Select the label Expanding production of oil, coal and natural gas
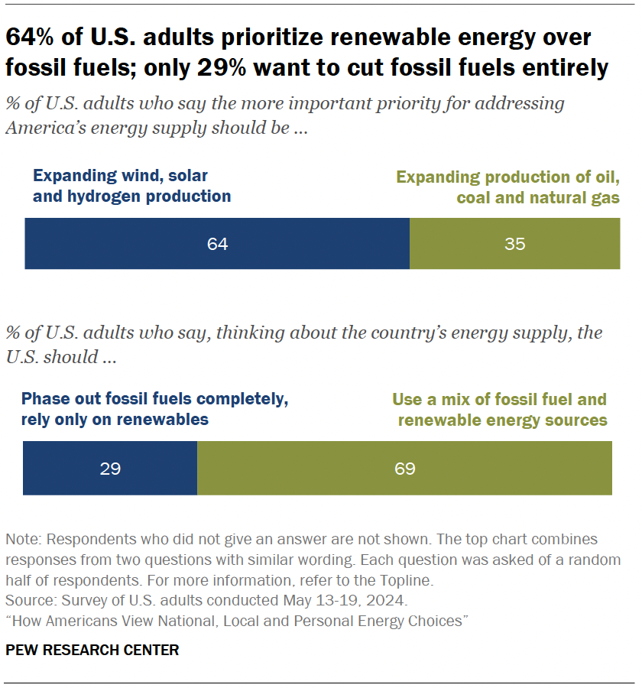pyautogui.click(x=507, y=188)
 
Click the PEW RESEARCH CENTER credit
pyautogui.click(x=92, y=651)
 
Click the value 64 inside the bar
pyautogui.click(x=217, y=245)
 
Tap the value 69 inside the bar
pyautogui.click(x=404, y=468)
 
